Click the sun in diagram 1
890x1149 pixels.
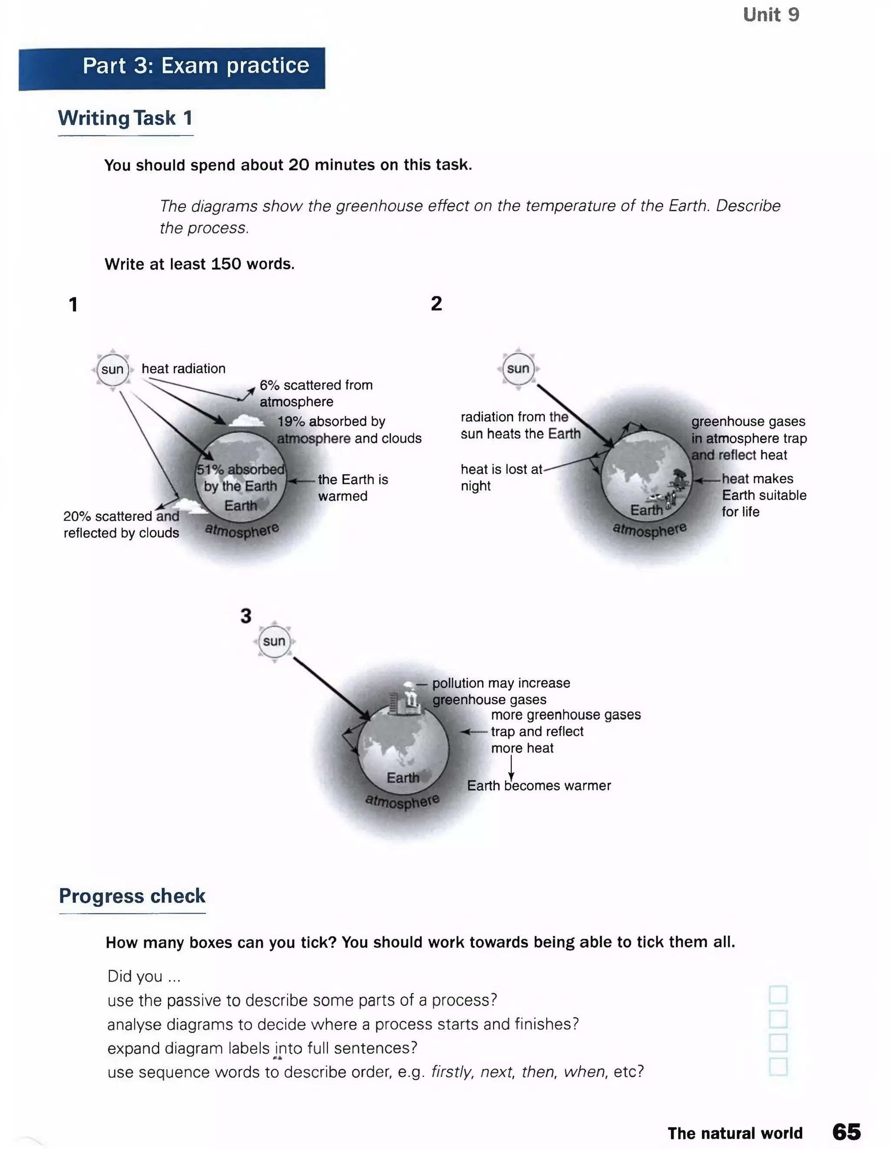(112, 369)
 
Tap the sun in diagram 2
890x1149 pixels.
(518, 368)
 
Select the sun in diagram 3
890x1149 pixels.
(274, 641)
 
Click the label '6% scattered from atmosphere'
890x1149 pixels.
(316, 393)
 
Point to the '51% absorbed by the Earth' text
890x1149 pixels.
(240, 478)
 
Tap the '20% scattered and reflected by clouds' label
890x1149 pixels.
(121, 524)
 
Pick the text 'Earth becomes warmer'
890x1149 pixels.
(538, 785)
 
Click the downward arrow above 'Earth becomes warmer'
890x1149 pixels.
(511, 768)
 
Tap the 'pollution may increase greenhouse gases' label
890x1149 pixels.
(500, 691)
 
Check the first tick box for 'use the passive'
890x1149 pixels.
(777, 994)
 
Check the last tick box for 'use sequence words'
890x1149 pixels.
(777, 1067)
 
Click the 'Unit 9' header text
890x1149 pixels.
(770, 15)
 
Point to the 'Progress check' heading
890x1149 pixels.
(132, 896)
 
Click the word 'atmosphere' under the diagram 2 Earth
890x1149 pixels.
(650, 529)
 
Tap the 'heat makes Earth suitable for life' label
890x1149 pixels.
(763, 495)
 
